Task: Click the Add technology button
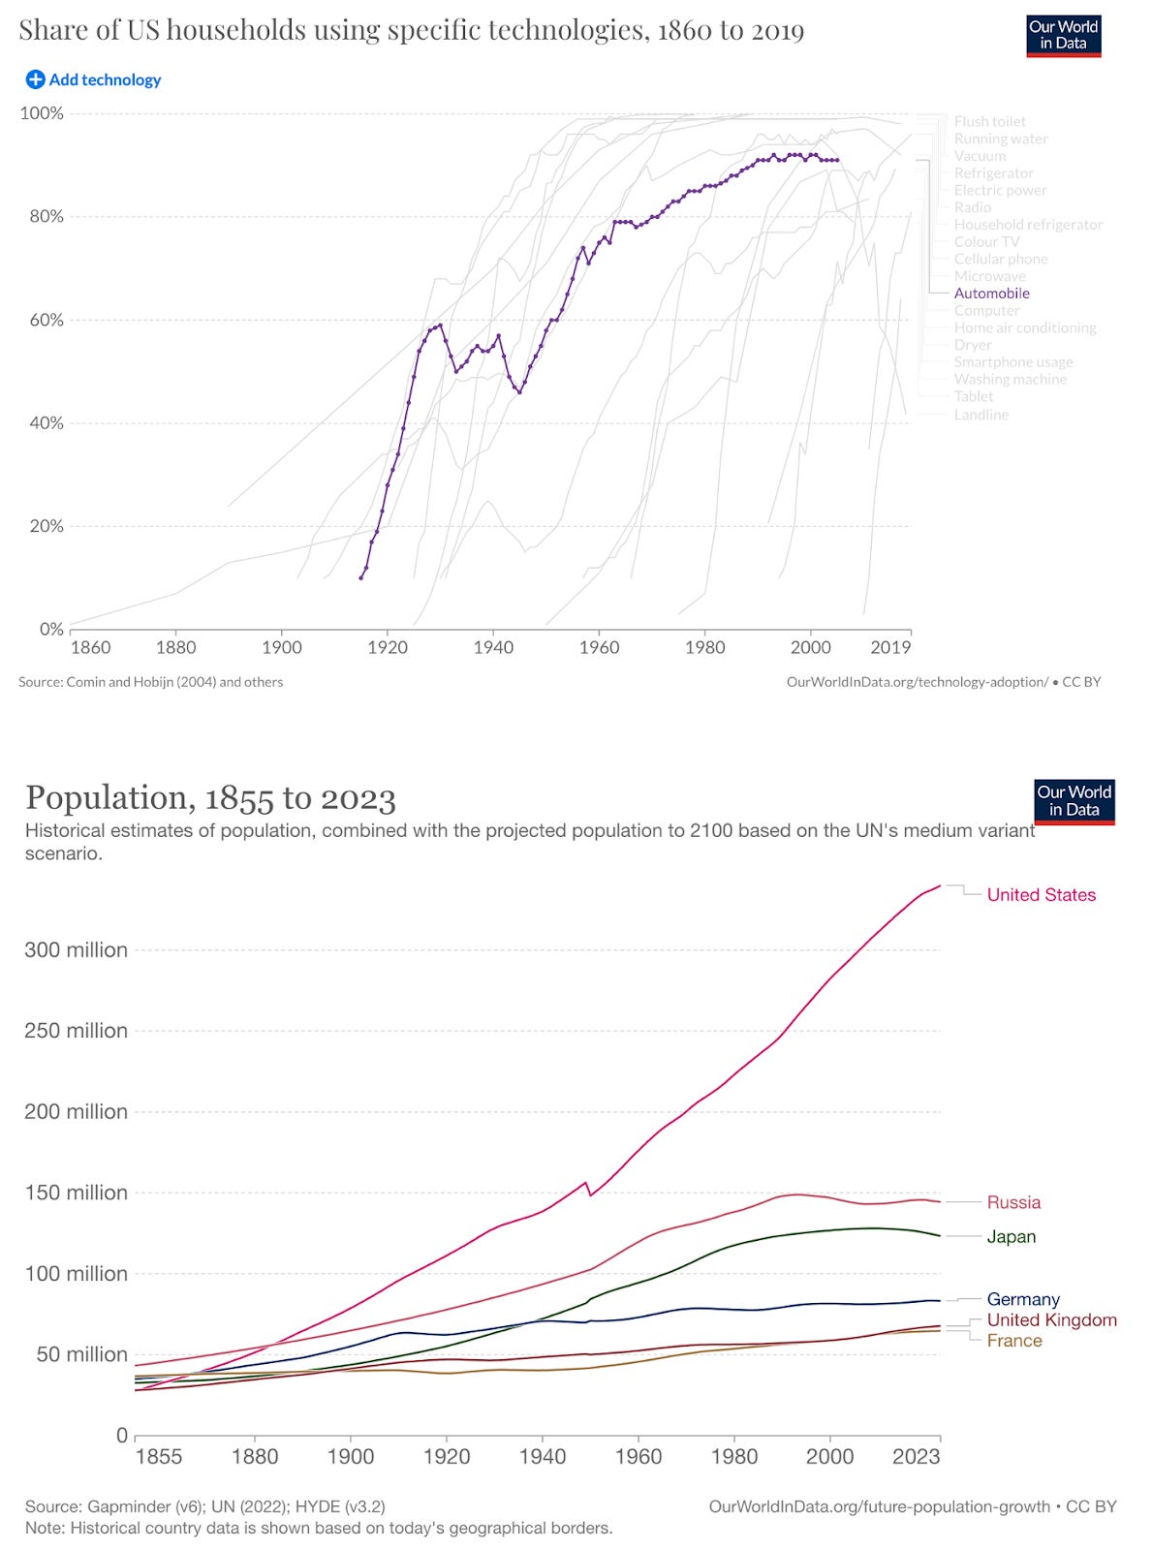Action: tap(94, 79)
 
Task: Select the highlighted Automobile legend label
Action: tap(991, 294)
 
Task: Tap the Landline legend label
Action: tap(981, 415)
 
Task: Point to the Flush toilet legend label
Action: tap(989, 121)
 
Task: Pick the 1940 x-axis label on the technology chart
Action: tap(493, 647)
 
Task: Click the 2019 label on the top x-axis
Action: tap(889, 647)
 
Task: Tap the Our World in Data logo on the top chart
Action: tap(1063, 35)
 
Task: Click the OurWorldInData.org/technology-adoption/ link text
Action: tap(917, 682)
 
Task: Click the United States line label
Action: tap(1041, 895)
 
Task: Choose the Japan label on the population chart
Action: tap(1011, 1237)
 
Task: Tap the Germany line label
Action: tap(1022, 1300)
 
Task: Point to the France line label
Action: tap(1013, 1341)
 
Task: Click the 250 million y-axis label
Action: tap(76, 1031)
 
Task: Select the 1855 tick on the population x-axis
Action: tap(158, 1457)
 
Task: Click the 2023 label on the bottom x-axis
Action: tap(916, 1457)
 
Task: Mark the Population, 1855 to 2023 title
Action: tap(210, 798)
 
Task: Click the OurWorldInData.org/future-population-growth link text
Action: tap(879, 1507)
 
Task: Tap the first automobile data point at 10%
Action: tap(360, 578)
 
